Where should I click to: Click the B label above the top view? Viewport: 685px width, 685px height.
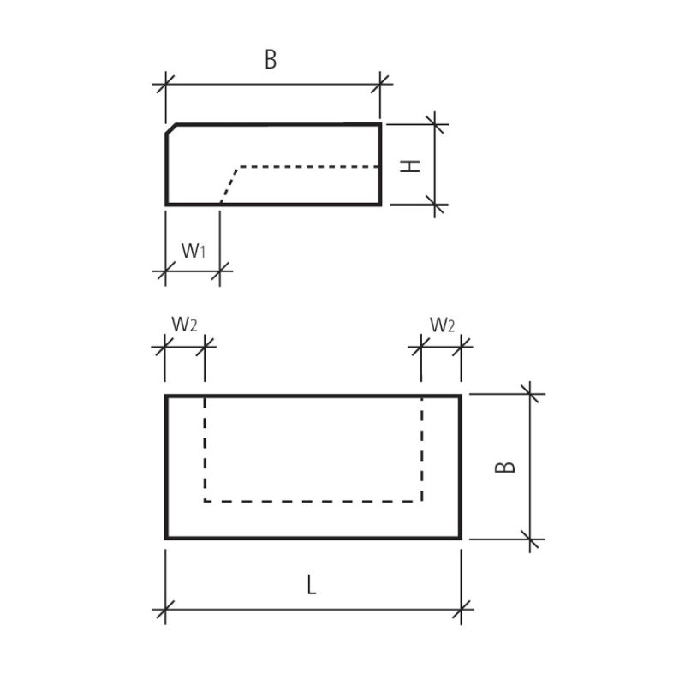(x=271, y=59)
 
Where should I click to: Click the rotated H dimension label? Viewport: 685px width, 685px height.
(x=411, y=166)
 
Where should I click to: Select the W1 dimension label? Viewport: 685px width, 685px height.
(x=194, y=251)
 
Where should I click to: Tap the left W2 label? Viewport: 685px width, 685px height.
(x=184, y=325)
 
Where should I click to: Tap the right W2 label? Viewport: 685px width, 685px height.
(x=442, y=325)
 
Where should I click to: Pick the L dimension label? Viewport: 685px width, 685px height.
(x=311, y=585)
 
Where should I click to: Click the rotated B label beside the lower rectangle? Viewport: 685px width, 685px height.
(x=505, y=467)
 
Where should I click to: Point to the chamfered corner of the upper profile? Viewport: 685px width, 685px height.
(x=170, y=129)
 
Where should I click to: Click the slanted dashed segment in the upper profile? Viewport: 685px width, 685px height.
(x=229, y=185)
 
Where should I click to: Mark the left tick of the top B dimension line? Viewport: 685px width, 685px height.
(x=165, y=84)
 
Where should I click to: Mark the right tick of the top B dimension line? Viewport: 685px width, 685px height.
(x=379, y=84)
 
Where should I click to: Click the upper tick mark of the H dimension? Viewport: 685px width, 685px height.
(x=434, y=124)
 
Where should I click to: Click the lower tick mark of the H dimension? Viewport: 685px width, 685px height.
(x=434, y=205)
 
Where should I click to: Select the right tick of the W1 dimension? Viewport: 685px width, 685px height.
(x=220, y=271)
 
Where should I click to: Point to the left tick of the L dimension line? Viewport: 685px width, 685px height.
(x=165, y=610)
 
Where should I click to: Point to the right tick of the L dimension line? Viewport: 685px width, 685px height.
(x=461, y=610)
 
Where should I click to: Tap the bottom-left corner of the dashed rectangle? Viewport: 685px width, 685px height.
(x=205, y=502)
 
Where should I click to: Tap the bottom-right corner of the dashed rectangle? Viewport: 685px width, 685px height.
(x=421, y=502)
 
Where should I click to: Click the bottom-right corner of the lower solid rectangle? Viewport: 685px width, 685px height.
(x=460, y=539)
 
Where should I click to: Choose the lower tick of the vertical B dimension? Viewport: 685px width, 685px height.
(x=530, y=539)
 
